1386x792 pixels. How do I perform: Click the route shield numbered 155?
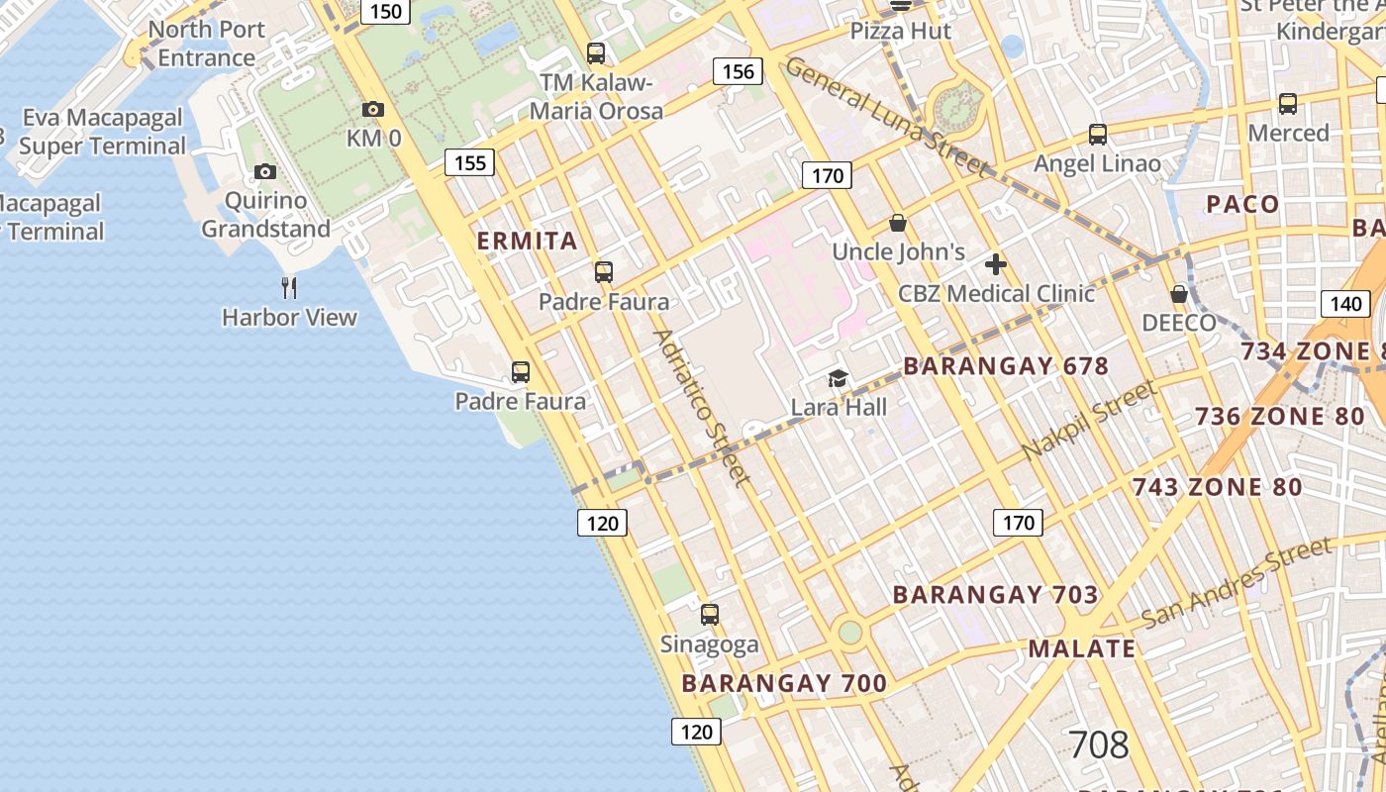point(469,162)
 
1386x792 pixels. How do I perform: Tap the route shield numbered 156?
point(739,71)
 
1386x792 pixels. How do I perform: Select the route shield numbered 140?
point(1346,303)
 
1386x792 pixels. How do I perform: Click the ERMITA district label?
point(527,241)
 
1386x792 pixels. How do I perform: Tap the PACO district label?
point(1242,204)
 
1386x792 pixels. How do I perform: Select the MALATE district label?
point(1081,648)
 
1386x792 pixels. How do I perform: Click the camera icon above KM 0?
point(373,109)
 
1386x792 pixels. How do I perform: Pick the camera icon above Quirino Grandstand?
point(264,171)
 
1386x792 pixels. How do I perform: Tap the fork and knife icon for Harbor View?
point(289,288)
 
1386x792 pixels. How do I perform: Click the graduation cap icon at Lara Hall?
point(839,378)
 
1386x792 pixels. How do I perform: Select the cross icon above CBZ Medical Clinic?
point(996,264)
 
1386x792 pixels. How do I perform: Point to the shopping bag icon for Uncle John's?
point(898,223)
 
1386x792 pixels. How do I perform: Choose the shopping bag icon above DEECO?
point(1178,294)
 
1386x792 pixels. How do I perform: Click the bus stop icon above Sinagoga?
point(710,615)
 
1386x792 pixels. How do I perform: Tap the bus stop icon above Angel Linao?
point(1097,134)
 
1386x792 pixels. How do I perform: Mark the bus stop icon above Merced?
point(1288,103)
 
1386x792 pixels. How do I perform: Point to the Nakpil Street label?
point(1089,420)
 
